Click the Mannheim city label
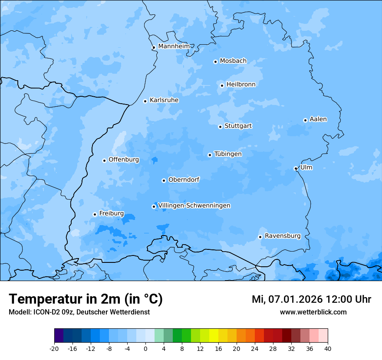click(174, 46)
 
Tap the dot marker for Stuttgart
click(220, 127)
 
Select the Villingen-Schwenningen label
click(194, 206)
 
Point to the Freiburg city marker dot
click(95, 214)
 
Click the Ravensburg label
click(283, 236)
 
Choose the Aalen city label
click(318, 119)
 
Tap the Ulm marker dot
click(296, 168)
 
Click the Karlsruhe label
click(164, 100)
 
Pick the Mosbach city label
click(233, 61)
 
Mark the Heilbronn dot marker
click(222, 85)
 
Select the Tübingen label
click(228, 154)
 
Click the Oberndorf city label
click(184, 180)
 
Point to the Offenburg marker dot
click(104, 160)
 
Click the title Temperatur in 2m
click(86, 299)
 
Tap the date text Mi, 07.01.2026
click(286, 299)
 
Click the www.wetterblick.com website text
click(313, 312)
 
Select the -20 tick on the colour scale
click(54, 348)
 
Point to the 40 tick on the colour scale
click(328, 348)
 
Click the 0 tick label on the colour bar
click(145, 348)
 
